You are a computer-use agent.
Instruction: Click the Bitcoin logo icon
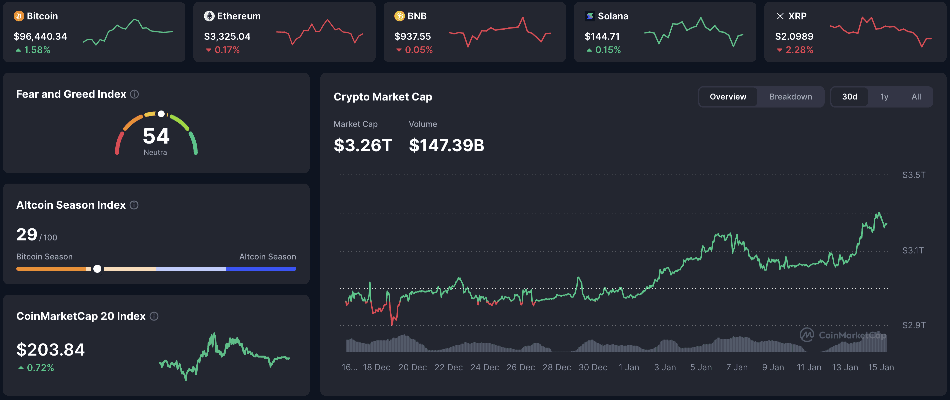[18, 16]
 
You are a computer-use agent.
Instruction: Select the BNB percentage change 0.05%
[418, 50]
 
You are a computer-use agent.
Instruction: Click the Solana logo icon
[589, 16]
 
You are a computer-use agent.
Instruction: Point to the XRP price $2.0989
[794, 36]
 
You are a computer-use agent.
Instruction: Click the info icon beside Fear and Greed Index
[135, 94]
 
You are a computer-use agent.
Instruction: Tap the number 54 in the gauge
[156, 136]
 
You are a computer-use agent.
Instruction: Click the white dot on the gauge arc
[161, 114]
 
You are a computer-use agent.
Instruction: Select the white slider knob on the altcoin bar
[97, 268]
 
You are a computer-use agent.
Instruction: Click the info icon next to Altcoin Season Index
[134, 205]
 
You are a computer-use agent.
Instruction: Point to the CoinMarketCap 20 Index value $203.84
[51, 349]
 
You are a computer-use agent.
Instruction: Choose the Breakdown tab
[790, 97]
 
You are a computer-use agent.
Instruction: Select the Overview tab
[728, 97]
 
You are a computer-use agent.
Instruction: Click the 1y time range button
[884, 97]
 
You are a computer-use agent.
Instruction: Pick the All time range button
[916, 97]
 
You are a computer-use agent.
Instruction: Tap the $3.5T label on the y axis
[913, 175]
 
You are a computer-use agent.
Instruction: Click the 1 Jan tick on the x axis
[628, 367]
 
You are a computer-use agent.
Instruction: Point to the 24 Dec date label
[484, 367]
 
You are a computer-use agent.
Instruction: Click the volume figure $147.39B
[446, 145]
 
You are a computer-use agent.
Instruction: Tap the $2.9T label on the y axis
[913, 325]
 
